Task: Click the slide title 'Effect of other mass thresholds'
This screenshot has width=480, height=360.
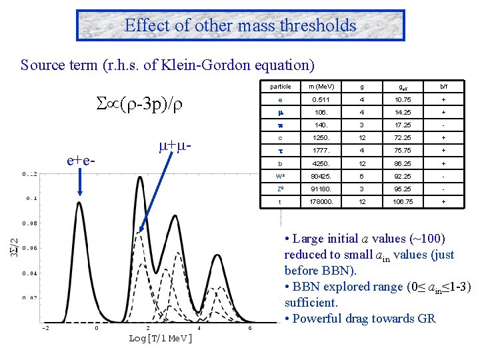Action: pyautogui.click(x=240, y=26)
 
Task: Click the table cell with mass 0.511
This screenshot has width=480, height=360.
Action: pyautogui.click(x=322, y=99)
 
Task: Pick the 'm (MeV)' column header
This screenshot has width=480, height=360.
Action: pyautogui.click(x=322, y=87)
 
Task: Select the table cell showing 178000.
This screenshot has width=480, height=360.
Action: pyautogui.click(x=322, y=201)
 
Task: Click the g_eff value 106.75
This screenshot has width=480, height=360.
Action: pyautogui.click(x=402, y=201)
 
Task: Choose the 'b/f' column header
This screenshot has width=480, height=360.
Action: pyautogui.click(x=441, y=87)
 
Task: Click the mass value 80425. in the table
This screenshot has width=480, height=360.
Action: pyautogui.click(x=322, y=176)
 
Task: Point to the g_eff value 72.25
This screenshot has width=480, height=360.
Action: pyautogui.click(x=402, y=138)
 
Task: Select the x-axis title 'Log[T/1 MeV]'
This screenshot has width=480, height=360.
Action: pyautogui.click(x=160, y=339)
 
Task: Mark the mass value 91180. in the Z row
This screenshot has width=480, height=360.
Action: pyautogui.click(x=322, y=189)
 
